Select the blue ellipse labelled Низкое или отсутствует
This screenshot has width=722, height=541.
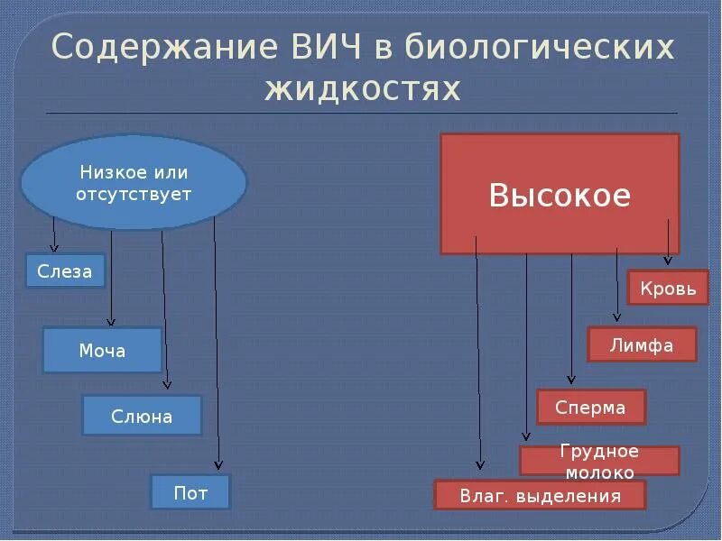point(135,182)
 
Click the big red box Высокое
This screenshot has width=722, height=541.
point(560,194)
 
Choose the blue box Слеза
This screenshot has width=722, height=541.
point(65,271)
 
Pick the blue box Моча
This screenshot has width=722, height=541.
point(102,350)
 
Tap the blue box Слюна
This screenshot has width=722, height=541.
point(142,416)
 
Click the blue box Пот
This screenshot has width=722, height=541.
point(190,492)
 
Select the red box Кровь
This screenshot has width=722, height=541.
point(668,289)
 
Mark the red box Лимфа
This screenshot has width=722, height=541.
point(642,344)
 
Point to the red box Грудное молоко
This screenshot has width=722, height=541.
point(599,461)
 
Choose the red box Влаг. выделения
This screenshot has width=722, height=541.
point(541,495)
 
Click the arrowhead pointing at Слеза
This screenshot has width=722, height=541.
point(54,247)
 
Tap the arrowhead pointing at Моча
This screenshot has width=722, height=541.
point(111,321)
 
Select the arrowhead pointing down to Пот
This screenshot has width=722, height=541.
point(218,466)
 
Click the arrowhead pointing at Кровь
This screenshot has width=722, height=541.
point(667,261)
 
